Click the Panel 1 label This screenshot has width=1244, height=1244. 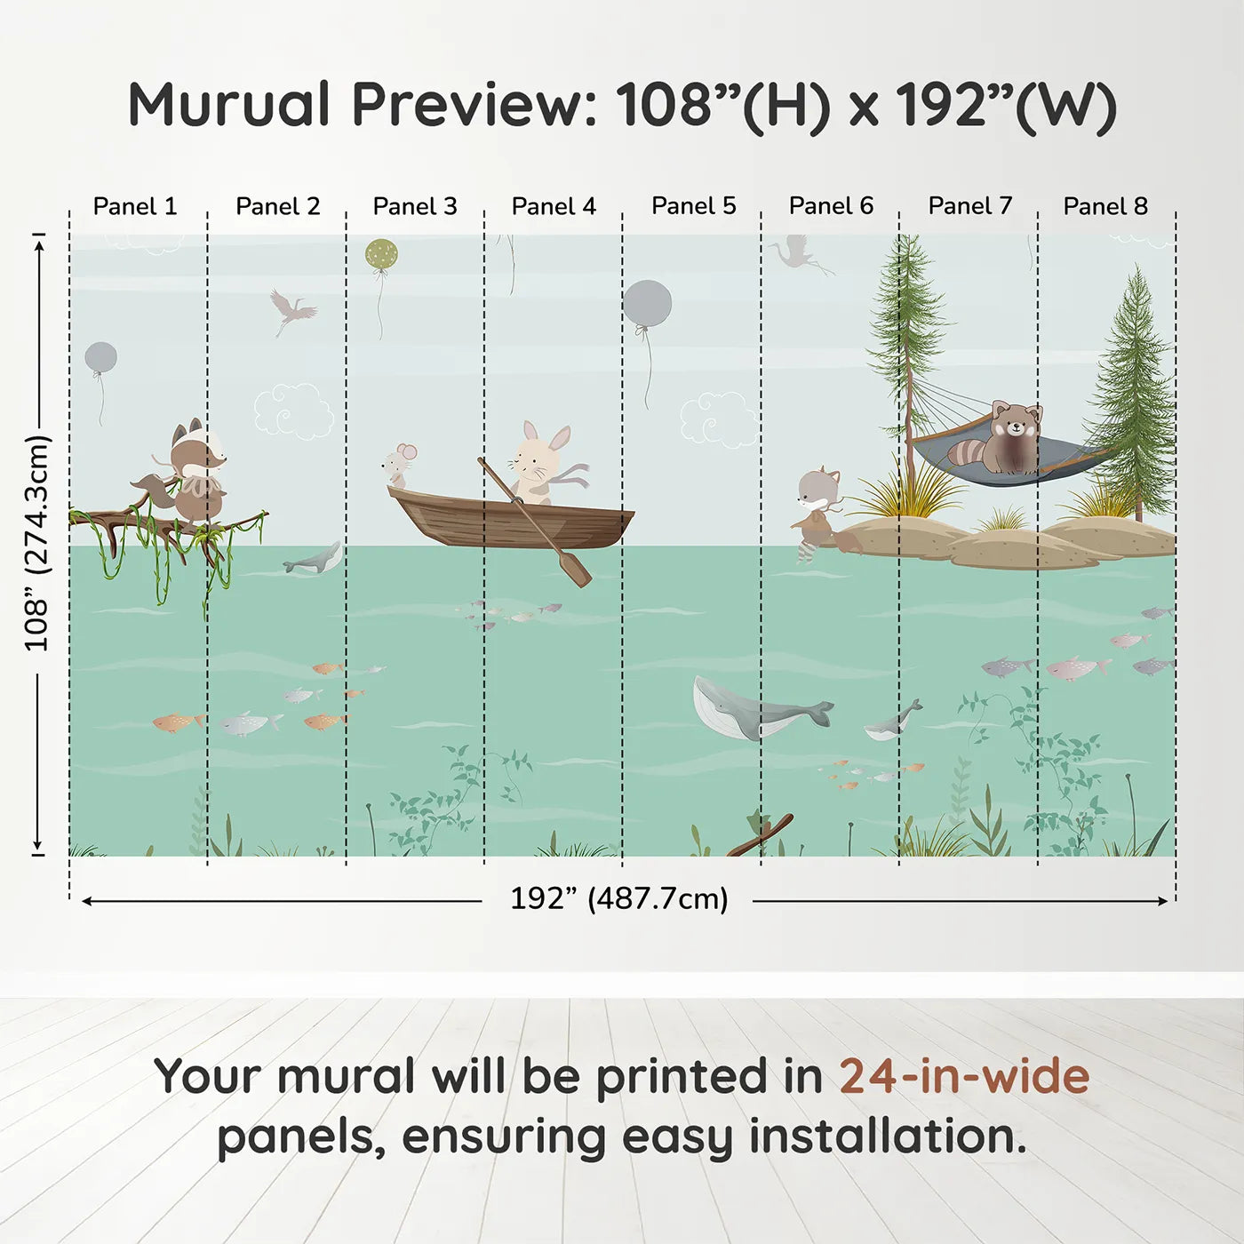(x=135, y=206)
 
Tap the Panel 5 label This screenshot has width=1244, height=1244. (x=693, y=206)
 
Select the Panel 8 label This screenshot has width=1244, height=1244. (x=1105, y=206)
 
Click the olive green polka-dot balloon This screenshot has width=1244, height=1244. (x=381, y=255)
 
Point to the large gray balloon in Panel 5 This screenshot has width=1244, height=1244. (x=647, y=304)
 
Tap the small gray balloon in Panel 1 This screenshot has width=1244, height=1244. (x=100, y=358)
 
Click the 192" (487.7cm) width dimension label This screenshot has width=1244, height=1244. (x=618, y=898)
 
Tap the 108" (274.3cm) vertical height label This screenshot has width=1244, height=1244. (x=37, y=544)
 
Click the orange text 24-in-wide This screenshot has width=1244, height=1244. (x=964, y=1076)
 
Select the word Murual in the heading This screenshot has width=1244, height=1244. (x=229, y=105)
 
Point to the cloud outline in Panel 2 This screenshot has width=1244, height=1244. (x=293, y=411)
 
